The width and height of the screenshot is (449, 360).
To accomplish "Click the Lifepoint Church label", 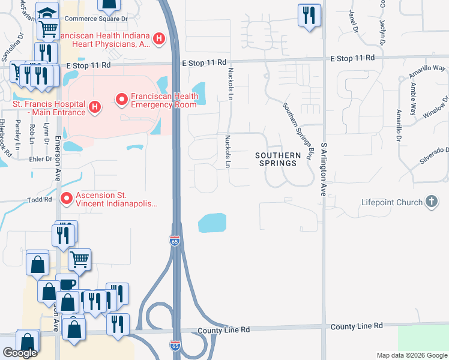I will pos(393,203).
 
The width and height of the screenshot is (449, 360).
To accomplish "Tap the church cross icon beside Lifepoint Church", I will pos(432,202).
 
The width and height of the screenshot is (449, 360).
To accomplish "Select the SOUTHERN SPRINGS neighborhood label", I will pos(277,159).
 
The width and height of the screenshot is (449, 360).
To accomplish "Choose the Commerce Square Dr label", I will pos(96,19).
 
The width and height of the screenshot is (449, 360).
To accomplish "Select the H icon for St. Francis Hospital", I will pos(94,108).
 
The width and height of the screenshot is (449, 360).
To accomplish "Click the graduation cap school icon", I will pos(46,13).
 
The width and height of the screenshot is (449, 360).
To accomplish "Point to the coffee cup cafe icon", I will pos(67,284).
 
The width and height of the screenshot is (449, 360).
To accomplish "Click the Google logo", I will pos(20,353).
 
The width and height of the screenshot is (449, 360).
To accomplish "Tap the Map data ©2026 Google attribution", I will pos(412,355).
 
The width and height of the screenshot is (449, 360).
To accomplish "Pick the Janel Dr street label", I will pos(354,22).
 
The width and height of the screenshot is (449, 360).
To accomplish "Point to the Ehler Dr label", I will pos(40,160).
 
